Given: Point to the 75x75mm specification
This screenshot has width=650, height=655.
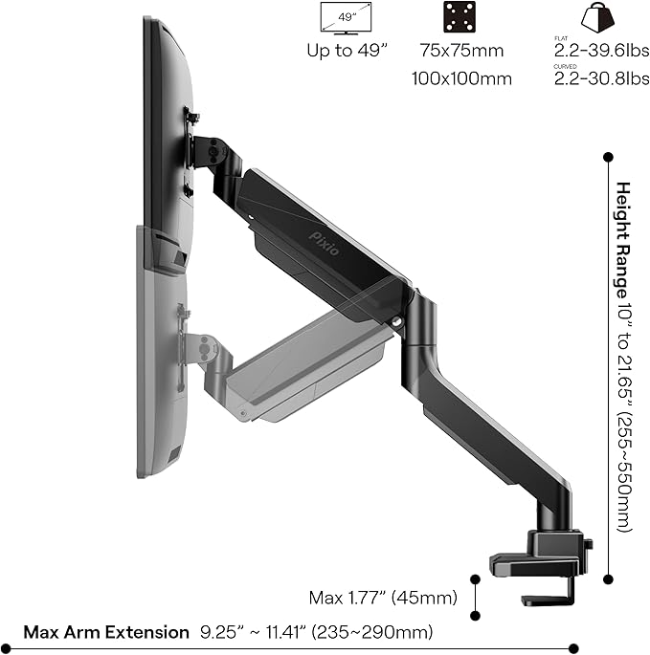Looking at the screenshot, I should [x=461, y=51].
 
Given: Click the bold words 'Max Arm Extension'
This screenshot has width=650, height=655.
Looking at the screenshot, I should [x=106, y=632].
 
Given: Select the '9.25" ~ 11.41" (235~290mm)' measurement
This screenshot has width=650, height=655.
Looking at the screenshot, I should [x=316, y=632].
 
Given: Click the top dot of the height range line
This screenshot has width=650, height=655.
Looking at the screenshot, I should [x=607, y=154].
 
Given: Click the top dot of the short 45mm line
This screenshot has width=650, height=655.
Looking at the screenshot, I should [x=476, y=578].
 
